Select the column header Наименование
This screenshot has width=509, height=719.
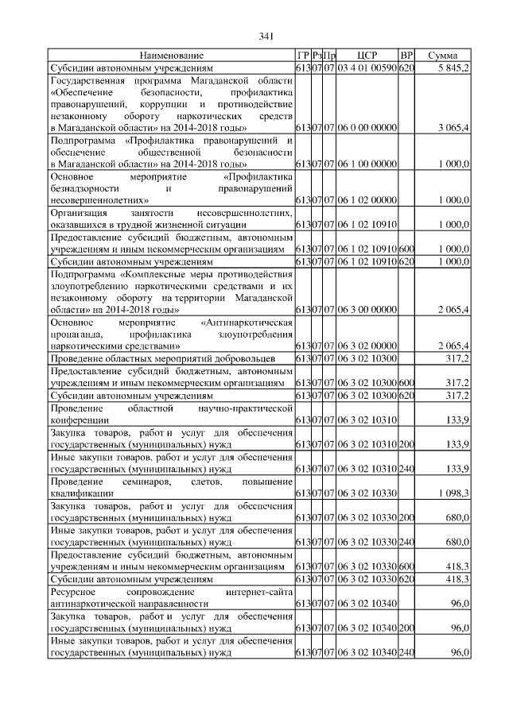(171, 56)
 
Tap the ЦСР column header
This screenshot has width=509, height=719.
(367, 56)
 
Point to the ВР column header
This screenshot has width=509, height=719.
(406, 56)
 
